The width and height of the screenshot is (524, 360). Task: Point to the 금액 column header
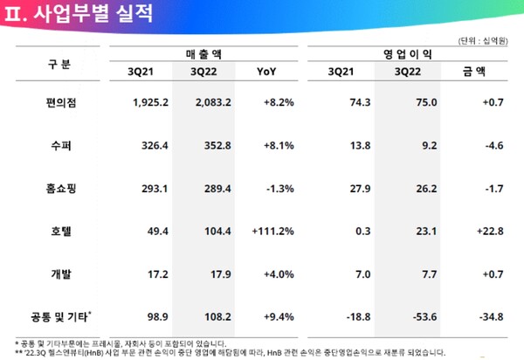click(476, 72)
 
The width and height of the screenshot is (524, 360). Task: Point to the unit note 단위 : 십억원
click(486, 40)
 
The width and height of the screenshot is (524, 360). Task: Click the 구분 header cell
click(59, 63)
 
